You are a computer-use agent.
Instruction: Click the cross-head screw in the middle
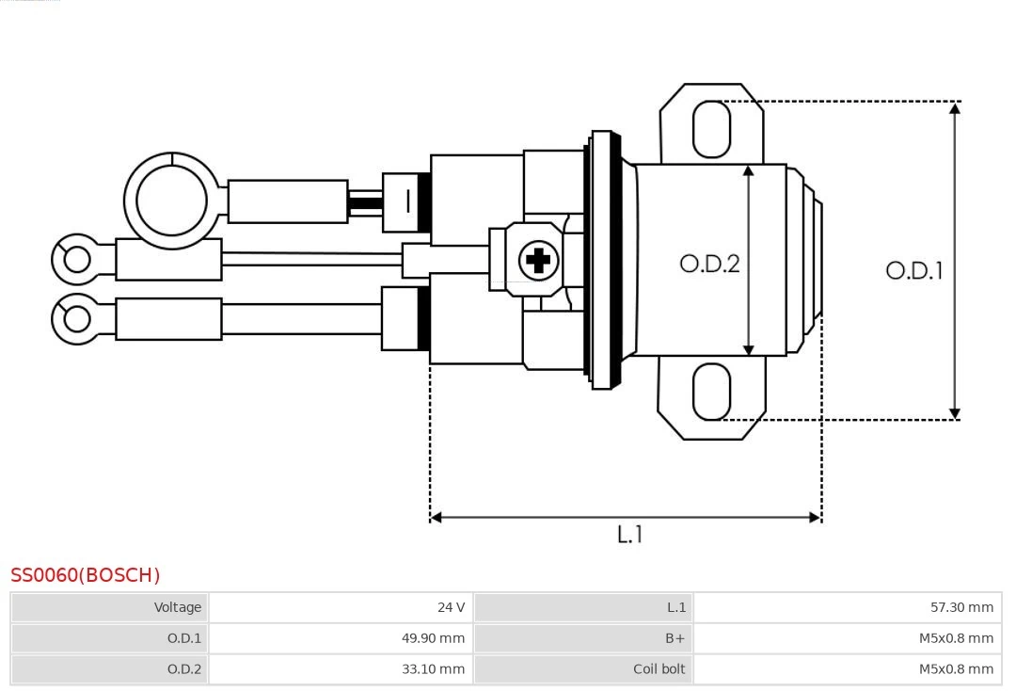click(538, 260)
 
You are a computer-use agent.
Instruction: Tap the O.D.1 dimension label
click(913, 271)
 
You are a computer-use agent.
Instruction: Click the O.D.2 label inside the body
click(709, 264)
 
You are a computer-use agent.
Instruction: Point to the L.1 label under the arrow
click(629, 534)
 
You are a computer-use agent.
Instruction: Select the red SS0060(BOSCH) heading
click(86, 575)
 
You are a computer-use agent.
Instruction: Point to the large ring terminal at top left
click(171, 201)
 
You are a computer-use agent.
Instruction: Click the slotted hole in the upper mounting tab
click(711, 129)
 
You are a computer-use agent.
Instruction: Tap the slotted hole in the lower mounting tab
click(711, 391)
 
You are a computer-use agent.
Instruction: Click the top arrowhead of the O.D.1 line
click(955, 108)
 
